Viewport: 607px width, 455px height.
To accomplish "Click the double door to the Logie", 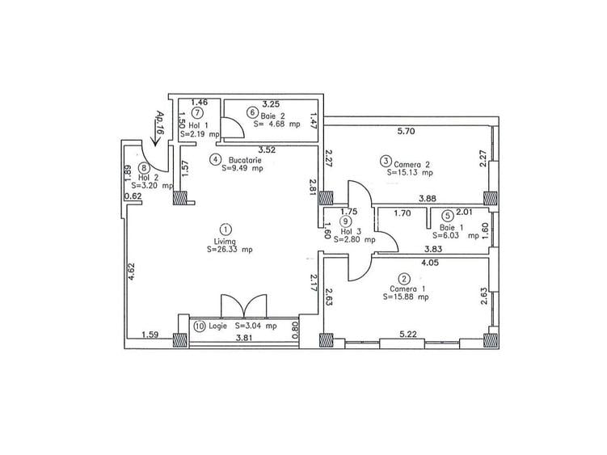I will point(243,305).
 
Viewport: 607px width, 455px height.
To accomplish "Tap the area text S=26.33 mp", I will point(229,251).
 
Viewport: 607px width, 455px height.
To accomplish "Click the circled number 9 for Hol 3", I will point(346,221).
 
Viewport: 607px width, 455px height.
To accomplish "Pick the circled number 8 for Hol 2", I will point(144,168).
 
